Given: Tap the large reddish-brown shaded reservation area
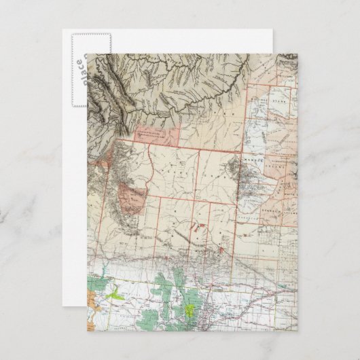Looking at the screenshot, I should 132,196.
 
